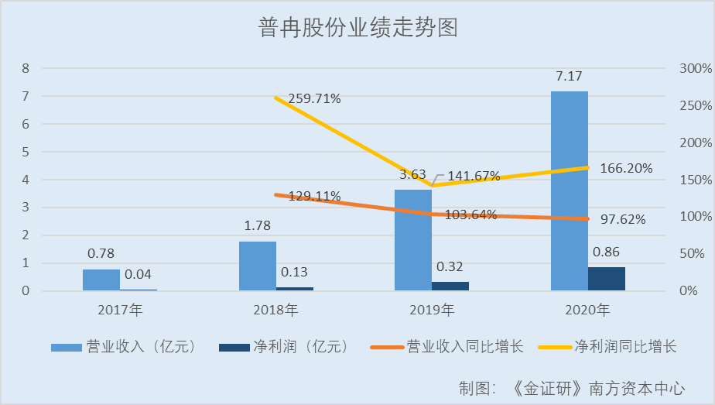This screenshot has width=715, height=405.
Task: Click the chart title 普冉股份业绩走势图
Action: (357, 29)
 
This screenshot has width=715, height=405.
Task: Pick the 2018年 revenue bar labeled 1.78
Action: (258, 266)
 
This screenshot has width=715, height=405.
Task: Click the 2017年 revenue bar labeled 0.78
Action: (101, 280)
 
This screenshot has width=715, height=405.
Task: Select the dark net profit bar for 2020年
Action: (607, 279)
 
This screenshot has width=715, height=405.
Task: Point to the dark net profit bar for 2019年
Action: (450, 286)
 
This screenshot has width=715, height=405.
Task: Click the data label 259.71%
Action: (314, 99)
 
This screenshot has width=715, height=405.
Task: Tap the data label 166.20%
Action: (623, 167)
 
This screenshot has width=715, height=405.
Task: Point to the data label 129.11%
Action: (314, 196)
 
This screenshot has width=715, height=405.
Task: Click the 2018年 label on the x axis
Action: (275, 311)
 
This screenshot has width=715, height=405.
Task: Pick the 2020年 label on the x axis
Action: (587, 311)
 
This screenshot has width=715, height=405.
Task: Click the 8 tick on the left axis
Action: (26, 68)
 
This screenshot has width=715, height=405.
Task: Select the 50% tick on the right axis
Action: (690, 254)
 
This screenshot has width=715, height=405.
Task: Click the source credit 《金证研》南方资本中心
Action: (599, 386)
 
